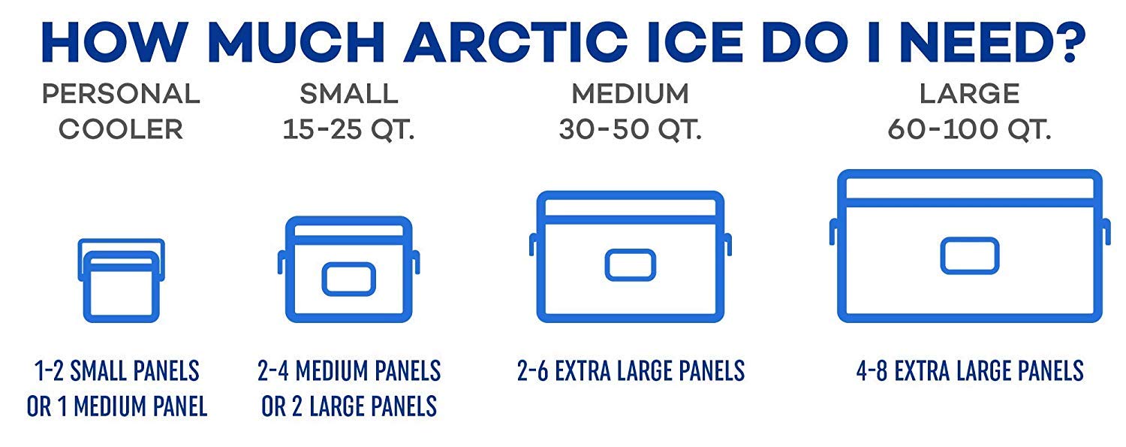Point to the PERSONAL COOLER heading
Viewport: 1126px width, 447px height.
(121, 111)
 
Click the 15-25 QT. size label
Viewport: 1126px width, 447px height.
(349, 129)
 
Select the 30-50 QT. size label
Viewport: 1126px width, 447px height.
(630, 129)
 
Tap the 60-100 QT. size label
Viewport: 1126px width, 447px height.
(969, 129)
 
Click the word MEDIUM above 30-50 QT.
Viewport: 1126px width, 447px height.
(630, 94)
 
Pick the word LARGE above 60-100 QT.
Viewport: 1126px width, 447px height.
(970, 94)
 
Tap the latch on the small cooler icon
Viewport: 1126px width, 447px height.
(348, 279)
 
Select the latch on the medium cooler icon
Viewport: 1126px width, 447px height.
(631, 264)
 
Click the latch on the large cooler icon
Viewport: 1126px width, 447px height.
(970, 255)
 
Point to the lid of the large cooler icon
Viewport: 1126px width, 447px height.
(970, 187)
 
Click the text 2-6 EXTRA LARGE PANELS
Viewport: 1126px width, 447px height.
(631, 370)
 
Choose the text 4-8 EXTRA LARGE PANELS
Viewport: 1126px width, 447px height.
(970, 370)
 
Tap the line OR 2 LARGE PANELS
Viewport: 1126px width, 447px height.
(349, 406)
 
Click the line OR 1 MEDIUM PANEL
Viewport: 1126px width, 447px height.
(117, 406)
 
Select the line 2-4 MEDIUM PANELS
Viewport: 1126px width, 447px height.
(349, 370)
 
